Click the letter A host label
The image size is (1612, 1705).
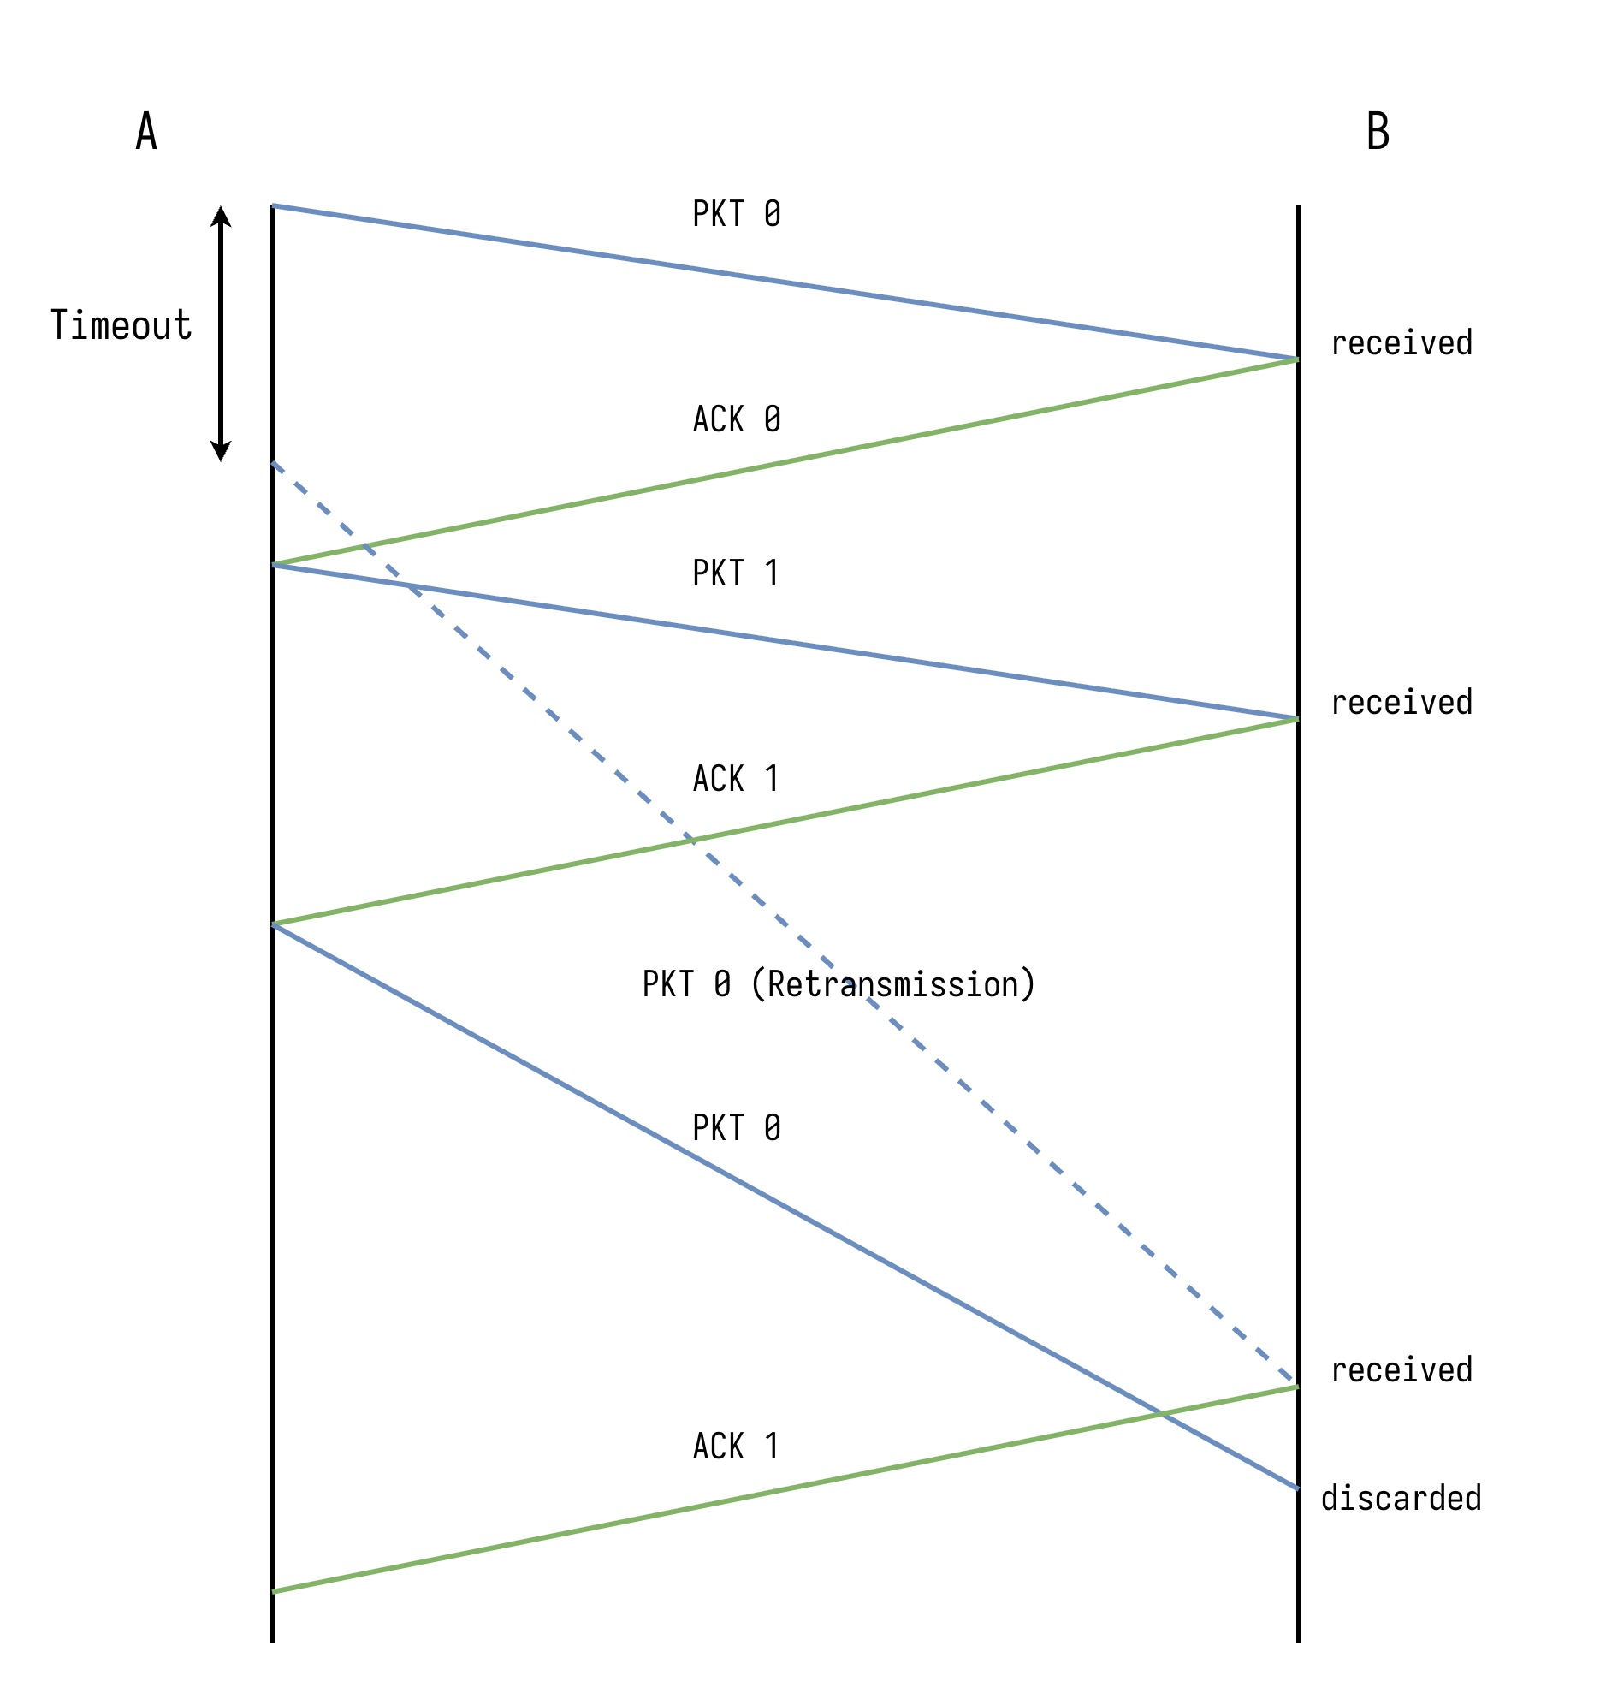point(146,133)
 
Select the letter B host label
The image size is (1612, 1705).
point(1378,133)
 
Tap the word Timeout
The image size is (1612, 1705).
point(121,326)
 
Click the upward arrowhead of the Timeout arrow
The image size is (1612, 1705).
point(221,215)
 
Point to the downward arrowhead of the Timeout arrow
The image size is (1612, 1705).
point(221,452)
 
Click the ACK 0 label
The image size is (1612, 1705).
point(737,419)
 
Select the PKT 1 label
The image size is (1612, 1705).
point(737,573)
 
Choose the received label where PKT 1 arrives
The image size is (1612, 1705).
point(1402,702)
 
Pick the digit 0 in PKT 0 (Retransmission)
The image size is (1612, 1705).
point(722,984)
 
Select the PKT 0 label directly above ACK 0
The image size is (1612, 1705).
point(737,214)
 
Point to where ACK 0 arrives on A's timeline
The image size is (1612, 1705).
point(272,565)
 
